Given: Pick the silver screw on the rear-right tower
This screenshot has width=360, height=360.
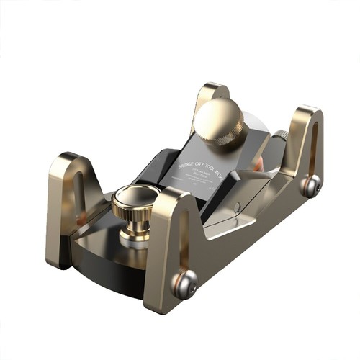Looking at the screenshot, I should coord(310,186).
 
